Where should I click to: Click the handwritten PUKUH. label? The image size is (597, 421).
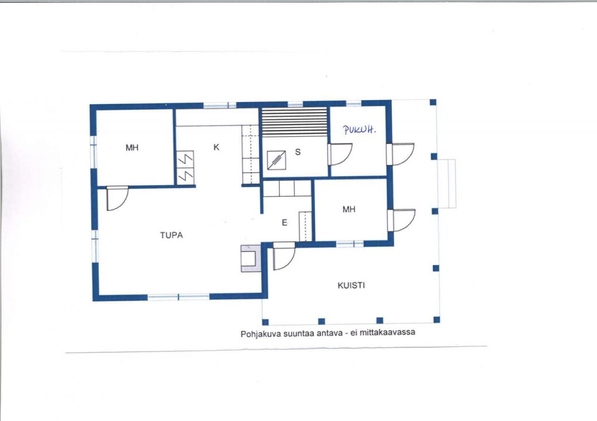(x=359, y=130)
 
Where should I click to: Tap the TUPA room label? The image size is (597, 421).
(x=171, y=235)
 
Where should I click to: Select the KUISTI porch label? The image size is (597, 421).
(x=351, y=285)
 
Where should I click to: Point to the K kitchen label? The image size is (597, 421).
(x=216, y=147)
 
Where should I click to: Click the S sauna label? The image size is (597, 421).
(x=298, y=152)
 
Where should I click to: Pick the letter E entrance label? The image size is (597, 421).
(x=285, y=223)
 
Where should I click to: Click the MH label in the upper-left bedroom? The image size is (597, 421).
(x=132, y=148)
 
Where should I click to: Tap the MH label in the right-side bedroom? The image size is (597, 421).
(x=349, y=210)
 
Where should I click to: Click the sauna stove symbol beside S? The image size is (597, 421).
(x=277, y=160)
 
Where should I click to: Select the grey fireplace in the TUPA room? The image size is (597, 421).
(x=250, y=258)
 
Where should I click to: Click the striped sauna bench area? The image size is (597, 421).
(x=294, y=122)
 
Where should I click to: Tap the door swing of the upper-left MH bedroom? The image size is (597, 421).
(x=117, y=198)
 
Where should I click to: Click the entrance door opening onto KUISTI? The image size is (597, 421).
(x=284, y=256)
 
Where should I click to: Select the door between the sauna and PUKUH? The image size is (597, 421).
(x=340, y=154)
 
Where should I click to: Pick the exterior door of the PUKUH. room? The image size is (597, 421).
(x=400, y=154)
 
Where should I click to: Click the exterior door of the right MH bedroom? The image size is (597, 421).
(x=402, y=220)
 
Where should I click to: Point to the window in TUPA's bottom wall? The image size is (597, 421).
(x=178, y=297)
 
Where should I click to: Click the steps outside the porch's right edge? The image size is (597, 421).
(x=447, y=183)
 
